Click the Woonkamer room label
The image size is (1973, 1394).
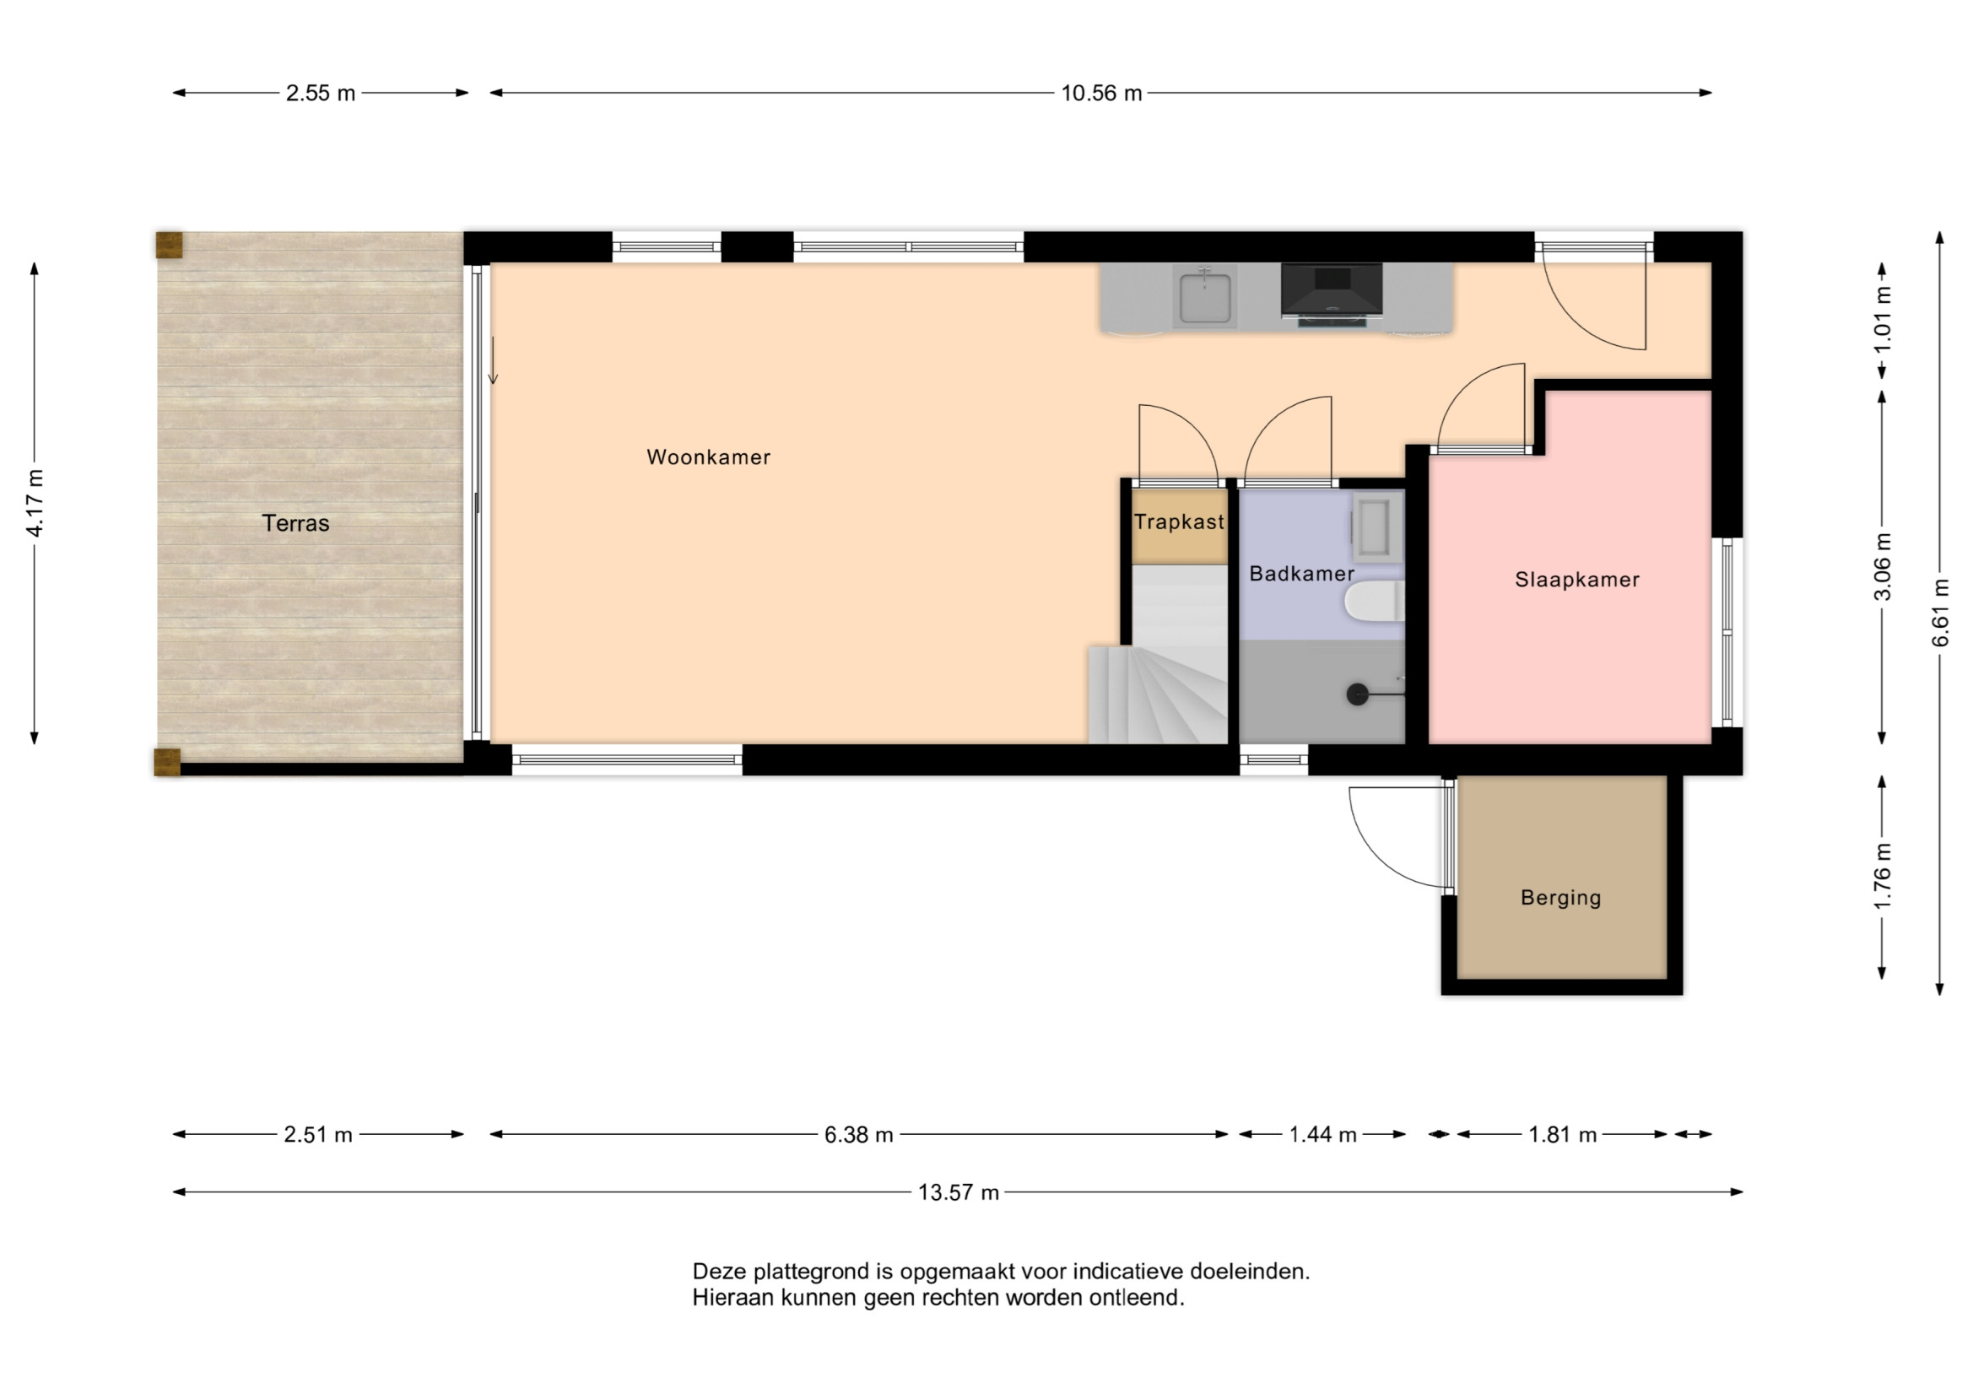tap(708, 457)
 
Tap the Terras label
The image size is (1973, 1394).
tap(295, 523)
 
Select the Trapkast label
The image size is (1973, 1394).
tap(1179, 521)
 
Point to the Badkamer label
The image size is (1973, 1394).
tap(1301, 573)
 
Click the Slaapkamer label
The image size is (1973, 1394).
tap(1577, 580)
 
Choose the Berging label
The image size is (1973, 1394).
tap(1560, 898)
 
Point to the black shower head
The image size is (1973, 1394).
tap(1357, 694)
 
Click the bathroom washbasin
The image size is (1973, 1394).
tap(1376, 527)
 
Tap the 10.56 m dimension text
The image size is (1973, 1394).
tap(1100, 94)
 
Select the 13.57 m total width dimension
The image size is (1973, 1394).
tap(958, 1193)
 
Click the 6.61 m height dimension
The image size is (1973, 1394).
tap(1940, 613)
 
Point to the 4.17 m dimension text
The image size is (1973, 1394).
tap(35, 504)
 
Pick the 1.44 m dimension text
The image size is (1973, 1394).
tap(1322, 1135)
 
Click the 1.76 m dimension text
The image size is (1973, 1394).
tap(1882, 877)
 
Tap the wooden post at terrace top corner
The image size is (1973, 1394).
tap(170, 245)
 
